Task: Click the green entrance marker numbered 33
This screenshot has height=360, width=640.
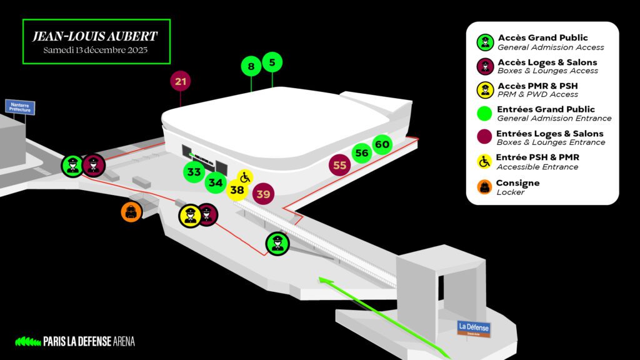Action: click(194, 171)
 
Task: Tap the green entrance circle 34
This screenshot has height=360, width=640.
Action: click(216, 182)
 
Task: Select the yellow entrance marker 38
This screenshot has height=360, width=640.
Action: click(237, 190)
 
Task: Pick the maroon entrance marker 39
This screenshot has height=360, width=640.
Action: click(263, 194)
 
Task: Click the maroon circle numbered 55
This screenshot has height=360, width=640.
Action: click(339, 166)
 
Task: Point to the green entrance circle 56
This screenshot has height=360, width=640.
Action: click(361, 153)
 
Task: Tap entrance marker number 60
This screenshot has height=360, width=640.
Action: click(382, 145)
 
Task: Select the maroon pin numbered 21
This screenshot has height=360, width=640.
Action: click(181, 81)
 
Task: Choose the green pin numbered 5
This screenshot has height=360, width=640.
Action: click(272, 62)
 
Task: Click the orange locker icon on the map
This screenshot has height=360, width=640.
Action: click(131, 211)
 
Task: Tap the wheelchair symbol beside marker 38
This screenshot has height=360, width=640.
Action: click(245, 177)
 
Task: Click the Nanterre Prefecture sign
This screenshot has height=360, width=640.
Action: click(20, 107)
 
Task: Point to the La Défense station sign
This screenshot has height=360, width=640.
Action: click(474, 327)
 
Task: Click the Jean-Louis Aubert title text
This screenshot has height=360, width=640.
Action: click(95, 36)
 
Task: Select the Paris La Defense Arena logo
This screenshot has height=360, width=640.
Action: click(75, 341)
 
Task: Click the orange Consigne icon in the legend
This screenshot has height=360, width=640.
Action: click(484, 187)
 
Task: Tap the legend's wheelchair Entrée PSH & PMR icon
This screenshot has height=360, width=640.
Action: click(484, 161)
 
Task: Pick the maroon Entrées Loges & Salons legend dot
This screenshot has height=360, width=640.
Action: click(484, 137)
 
